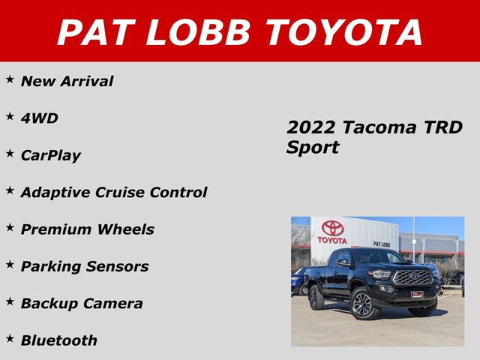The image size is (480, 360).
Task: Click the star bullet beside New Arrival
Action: pyautogui.click(x=10, y=79)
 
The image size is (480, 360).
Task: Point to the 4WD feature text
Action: pyautogui.click(x=40, y=118)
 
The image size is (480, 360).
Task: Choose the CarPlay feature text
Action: pyautogui.click(x=51, y=156)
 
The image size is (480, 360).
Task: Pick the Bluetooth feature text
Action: pyautogui.click(x=59, y=340)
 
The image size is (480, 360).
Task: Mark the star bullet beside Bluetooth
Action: pyautogui.click(x=10, y=338)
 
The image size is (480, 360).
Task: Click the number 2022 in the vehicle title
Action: pyautogui.click(x=309, y=127)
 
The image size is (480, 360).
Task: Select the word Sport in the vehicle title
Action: pyautogui.click(x=313, y=148)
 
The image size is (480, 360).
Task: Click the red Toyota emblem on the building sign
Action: pyautogui.click(x=331, y=228)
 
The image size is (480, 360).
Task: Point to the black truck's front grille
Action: pyautogui.click(x=412, y=277)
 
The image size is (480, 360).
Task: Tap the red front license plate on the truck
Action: pyautogui.click(x=416, y=294)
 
